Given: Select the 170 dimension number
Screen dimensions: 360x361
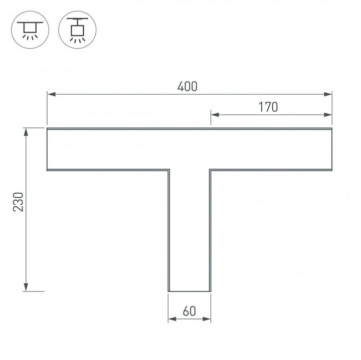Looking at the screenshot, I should click(x=269, y=107).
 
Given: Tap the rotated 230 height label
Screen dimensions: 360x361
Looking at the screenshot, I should click(x=19, y=201).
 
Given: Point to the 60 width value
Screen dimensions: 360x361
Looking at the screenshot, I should click(x=189, y=311).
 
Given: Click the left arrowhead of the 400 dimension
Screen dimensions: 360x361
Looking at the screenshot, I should click(x=50, y=94).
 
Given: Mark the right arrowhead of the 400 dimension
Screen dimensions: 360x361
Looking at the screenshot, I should click(x=329, y=94).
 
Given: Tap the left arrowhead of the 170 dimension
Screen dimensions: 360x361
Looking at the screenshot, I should click(x=214, y=115).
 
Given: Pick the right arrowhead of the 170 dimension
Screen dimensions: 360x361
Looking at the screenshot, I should click(x=329, y=115).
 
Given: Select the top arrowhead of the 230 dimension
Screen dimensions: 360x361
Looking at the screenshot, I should click(x=26, y=132).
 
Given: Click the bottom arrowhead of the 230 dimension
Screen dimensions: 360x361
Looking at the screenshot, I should click(x=26, y=287).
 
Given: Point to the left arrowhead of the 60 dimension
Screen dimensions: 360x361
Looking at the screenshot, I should click(x=171, y=318).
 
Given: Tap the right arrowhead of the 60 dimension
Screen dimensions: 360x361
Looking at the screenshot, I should click(x=207, y=318).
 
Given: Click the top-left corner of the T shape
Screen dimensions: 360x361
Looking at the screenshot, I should click(x=47, y=129).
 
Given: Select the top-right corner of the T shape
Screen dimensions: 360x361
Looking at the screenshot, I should click(x=332, y=129).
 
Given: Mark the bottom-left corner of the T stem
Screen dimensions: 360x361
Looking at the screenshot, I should click(x=168, y=290).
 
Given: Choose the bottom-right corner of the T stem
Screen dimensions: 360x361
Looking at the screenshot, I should click(x=210, y=290).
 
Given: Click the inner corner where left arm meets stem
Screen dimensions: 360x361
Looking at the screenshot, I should click(x=168, y=170).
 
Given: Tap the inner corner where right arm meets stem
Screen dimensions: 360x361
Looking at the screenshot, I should click(x=210, y=170).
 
